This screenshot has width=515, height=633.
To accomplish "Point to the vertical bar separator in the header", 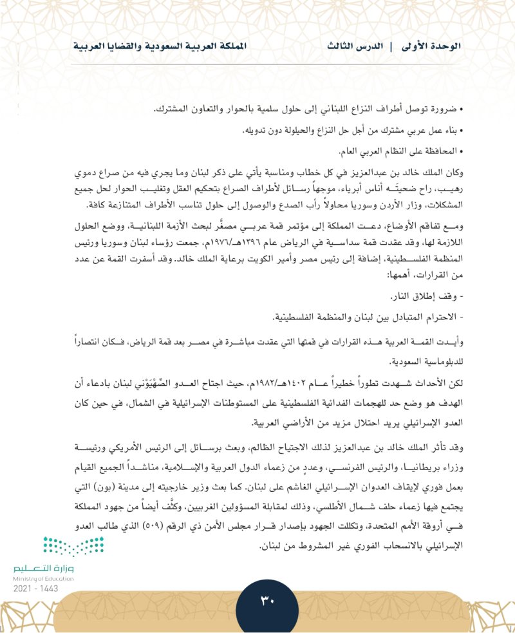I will [x=391, y=47].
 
